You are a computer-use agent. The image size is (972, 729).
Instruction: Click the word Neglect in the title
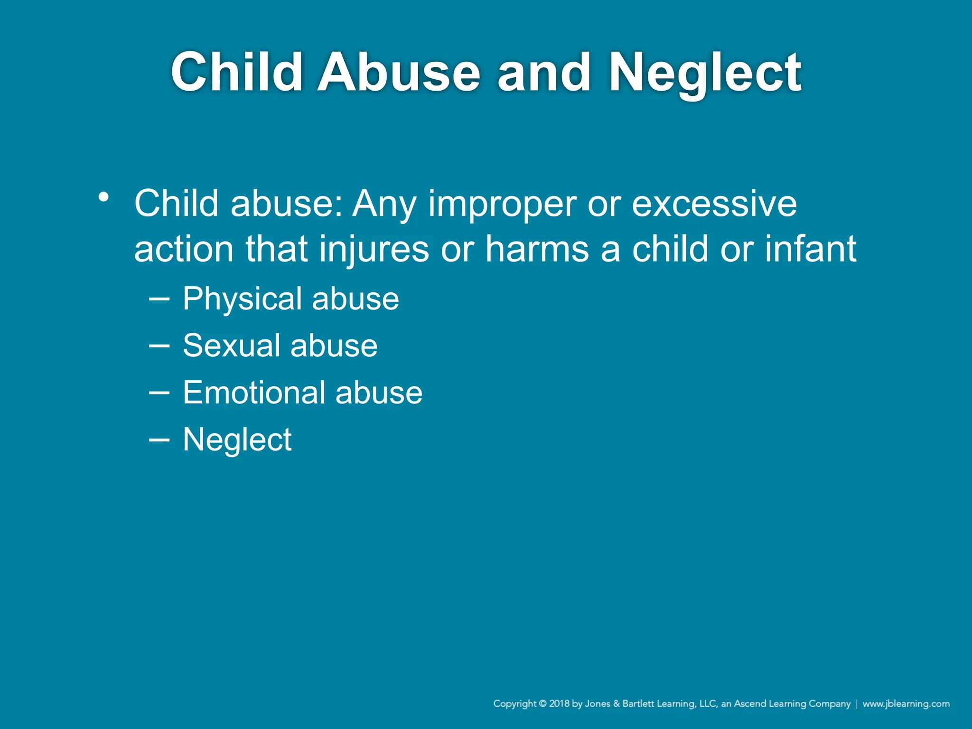(x=705, y=73)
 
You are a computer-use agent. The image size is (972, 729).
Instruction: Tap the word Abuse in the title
(x=399, y=73)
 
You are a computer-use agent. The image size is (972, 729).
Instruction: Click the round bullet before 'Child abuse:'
(x=104, y=197)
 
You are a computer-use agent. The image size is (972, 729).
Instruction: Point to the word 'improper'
(x=502, y=204)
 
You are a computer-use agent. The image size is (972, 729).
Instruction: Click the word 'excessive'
(x=714, y=204)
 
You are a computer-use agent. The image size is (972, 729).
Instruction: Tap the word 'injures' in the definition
(x=374, y=249)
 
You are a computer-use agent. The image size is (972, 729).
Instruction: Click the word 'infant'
(x=810, y=249)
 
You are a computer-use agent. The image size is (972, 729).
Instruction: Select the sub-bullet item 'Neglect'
(x=237, y=439)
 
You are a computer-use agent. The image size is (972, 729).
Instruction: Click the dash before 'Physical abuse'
(x=159, y=299)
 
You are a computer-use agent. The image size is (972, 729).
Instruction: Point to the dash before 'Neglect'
(x=159, y=440)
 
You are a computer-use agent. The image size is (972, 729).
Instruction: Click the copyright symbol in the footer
(x=542, y=704)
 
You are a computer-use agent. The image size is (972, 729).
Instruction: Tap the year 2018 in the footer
(x=560, y=704)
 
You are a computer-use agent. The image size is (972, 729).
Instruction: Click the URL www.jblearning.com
(x=906, y=704)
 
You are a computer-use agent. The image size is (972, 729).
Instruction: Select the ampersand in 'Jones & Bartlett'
(x=617, y=704)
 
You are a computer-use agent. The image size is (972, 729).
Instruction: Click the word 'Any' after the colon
(x=384, y=204)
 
